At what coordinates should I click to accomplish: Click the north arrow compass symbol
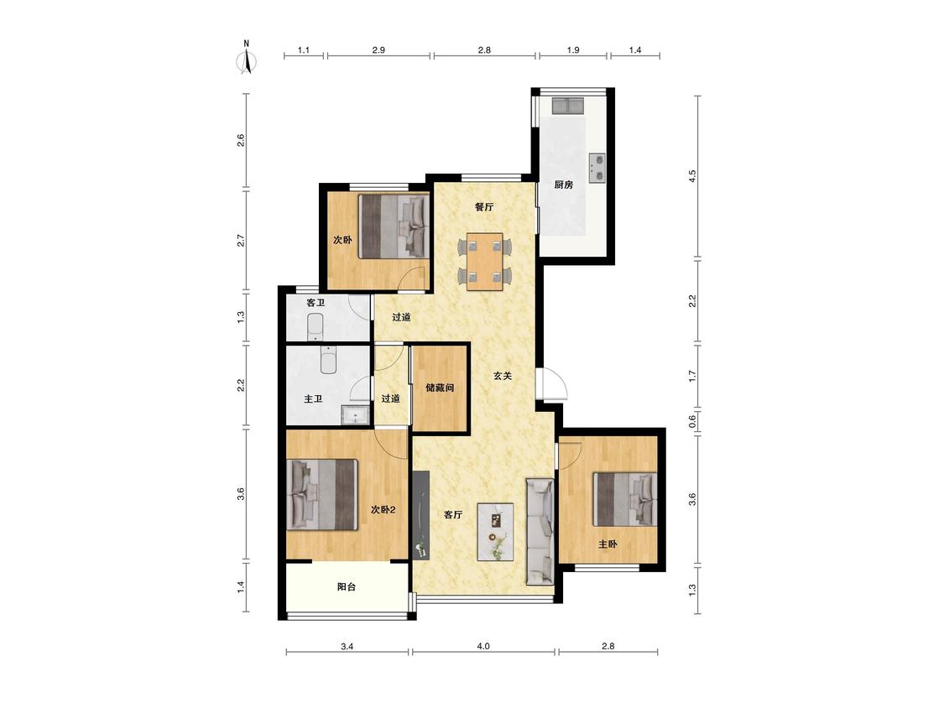[247, 58]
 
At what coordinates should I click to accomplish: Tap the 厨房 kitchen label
[564, 185]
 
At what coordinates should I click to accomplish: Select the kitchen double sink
[568, 106]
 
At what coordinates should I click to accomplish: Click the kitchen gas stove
[597, 168]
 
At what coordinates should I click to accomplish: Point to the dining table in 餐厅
[485, 261]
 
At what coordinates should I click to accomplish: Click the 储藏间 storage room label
[440, 388]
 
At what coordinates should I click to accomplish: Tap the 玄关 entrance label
[503, 376]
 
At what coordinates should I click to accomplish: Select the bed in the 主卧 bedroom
[624, 499]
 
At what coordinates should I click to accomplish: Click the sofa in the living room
[540, 532]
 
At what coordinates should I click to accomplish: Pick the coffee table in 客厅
[495, 532]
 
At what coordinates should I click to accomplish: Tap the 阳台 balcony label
[347, 586]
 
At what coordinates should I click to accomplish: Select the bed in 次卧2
[323, 495]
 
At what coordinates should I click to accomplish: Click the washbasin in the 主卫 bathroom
[355, 415]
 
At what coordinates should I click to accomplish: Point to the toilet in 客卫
[316, 327]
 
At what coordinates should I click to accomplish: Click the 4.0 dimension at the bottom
[483, 646]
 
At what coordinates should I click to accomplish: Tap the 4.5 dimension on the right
[692, 176]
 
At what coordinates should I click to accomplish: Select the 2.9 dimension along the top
[378, 50]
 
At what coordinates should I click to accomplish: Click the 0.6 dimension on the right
[692, 420]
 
